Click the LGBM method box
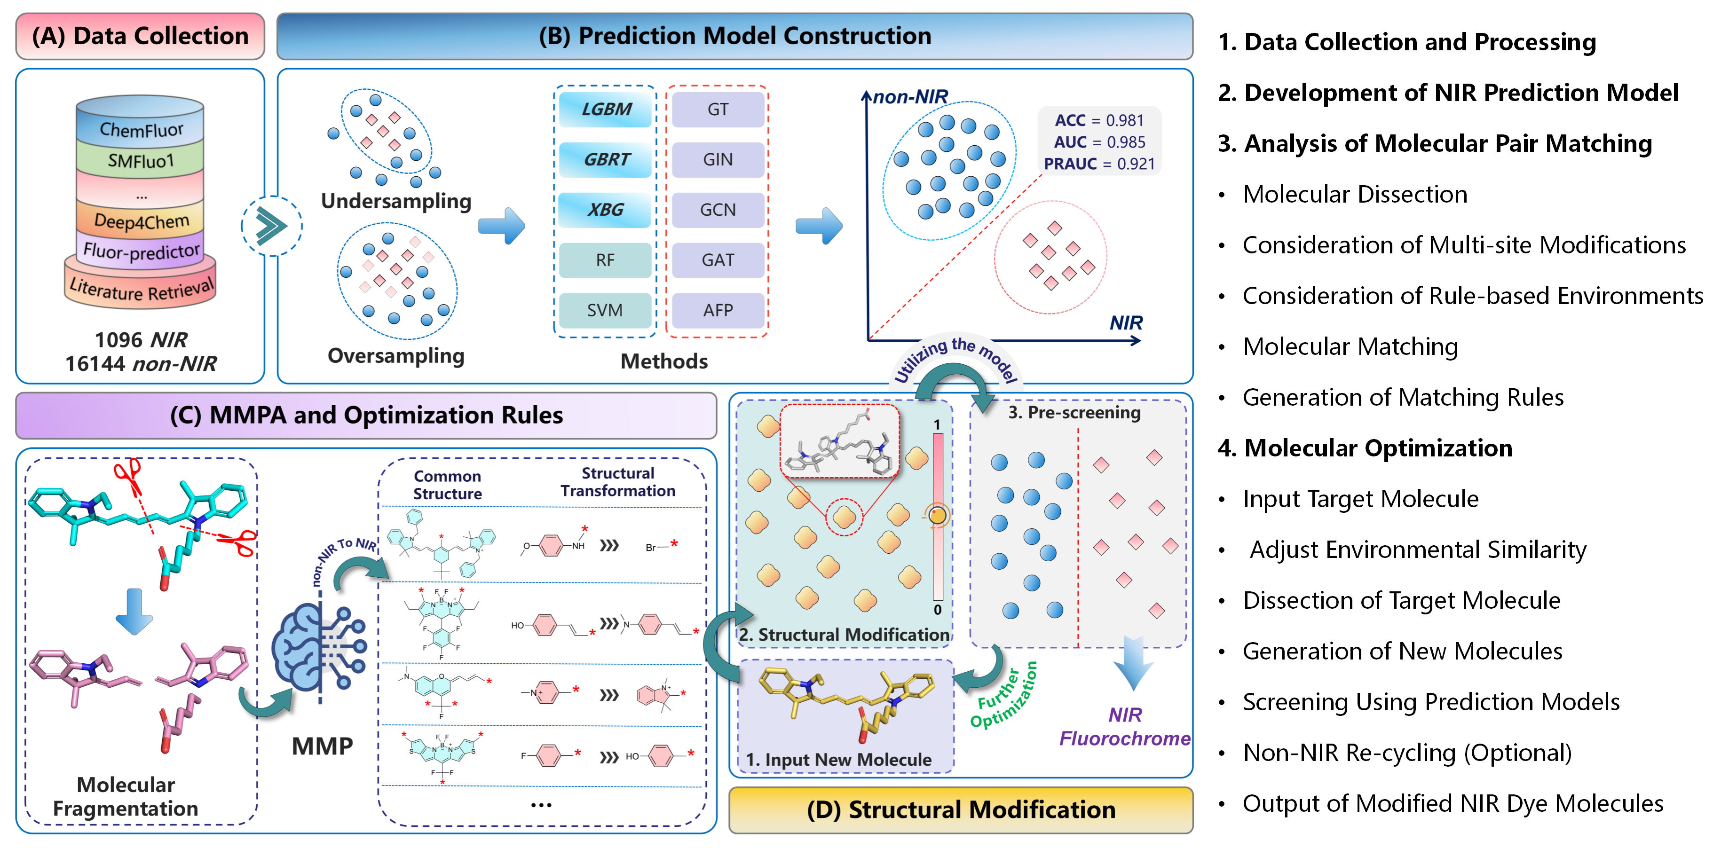605,110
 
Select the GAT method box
718,260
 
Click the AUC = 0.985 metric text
1099,142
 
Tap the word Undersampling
396,201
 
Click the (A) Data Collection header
140,36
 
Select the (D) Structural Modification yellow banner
961,809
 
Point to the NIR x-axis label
1126,323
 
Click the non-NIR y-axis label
910,97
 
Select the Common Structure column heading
447,485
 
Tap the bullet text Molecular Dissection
1355,194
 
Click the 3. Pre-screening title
1074,413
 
